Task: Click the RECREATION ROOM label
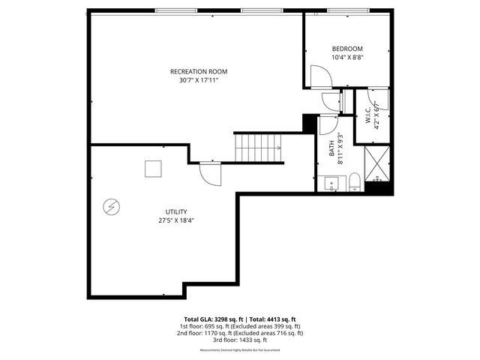pos(198,72)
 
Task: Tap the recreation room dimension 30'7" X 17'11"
pos(198,80)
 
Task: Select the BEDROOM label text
pos(347,48)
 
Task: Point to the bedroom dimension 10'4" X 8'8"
pos(347,56)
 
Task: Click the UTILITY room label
pos(176,212)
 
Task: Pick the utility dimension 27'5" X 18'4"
pos(176,221)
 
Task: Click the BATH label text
pos(331,148)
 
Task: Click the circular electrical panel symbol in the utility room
pos(110,205)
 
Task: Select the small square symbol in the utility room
pos(154,169)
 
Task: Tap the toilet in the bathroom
pos(355,181)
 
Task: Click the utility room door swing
pos(210,174)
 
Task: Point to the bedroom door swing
pos(319,77)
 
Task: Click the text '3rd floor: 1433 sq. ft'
pos(240,340)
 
